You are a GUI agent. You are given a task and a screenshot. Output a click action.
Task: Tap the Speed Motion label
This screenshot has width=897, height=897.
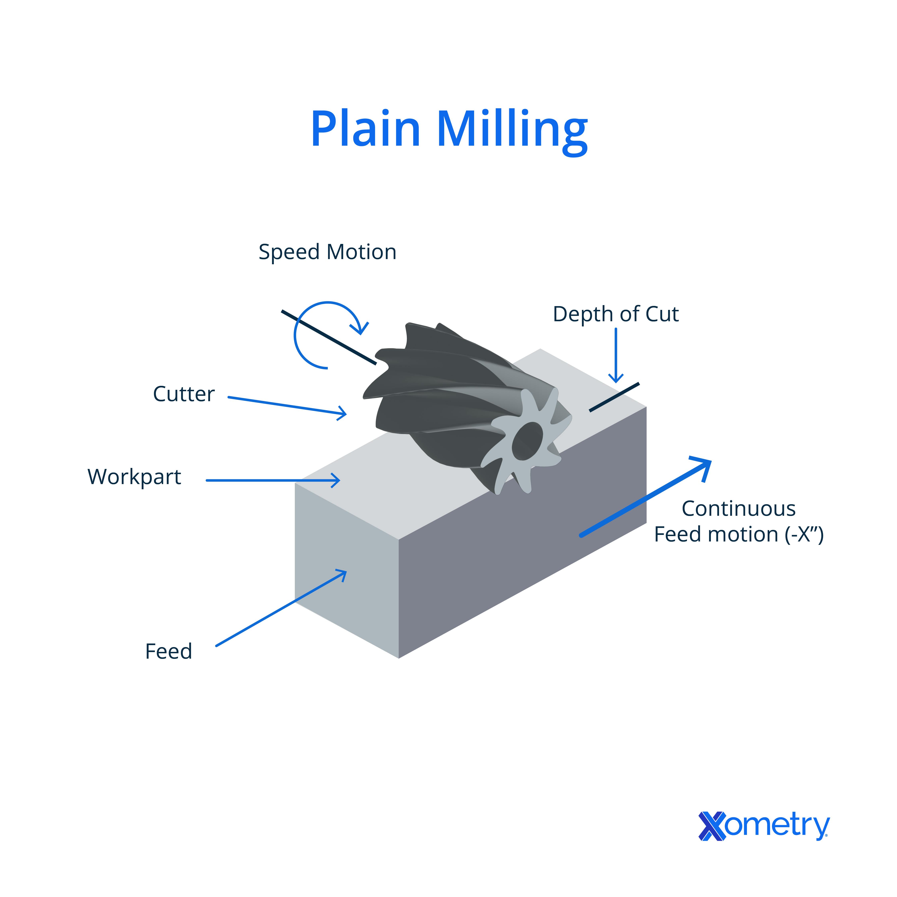pos(327,252)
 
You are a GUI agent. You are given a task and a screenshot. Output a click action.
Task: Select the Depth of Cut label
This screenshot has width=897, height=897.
pos(616,314)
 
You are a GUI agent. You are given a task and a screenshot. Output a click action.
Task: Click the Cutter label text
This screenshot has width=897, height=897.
pos(184,394)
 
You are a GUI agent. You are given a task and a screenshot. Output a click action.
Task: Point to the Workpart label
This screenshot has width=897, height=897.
pos(134,477)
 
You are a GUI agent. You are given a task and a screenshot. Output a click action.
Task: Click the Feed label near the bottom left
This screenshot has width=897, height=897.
pos(169,651)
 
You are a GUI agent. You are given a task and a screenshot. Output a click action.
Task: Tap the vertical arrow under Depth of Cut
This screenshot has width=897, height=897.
pos(616,355)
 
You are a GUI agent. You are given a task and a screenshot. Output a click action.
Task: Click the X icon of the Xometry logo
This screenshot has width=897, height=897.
pos(712,826)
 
